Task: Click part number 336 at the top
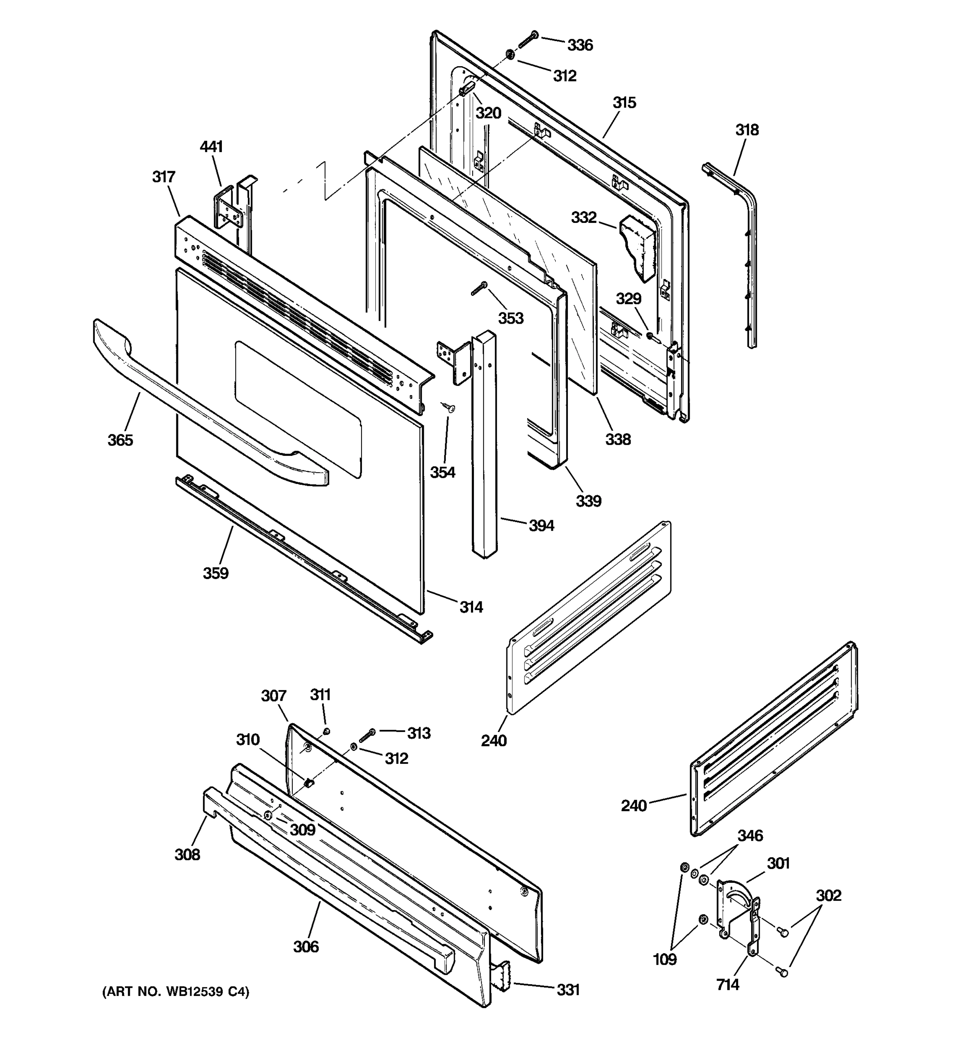(580, 45)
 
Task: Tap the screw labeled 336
(528, 39)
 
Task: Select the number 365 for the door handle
(120, 440)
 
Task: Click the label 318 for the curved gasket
(747, 130)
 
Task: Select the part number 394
(541, 526)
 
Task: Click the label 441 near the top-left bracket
(211, 146)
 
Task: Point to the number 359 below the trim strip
(216, 573)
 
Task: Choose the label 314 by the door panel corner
(471, 607)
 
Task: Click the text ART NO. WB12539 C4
(176, 992)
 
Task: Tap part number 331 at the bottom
(568, 989)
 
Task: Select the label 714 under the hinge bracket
(728, 985)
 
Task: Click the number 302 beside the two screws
(829, 896)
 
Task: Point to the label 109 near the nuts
(665, 959)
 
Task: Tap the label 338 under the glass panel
(618, 439)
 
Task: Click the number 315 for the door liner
(624, 103)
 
